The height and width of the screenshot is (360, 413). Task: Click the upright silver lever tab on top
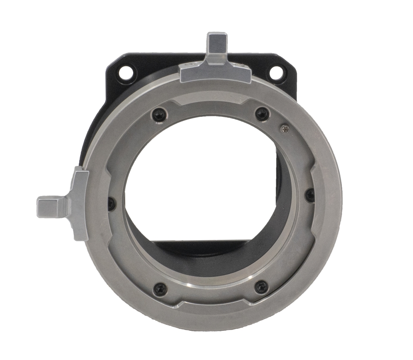(x=217, y=47)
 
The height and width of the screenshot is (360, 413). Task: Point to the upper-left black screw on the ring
(x=159, y=115)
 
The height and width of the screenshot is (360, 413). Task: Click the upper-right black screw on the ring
(x=262, y=114)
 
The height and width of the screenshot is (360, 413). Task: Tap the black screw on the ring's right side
(x=310, y=195)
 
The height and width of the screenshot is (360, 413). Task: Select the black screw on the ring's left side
(x=112, y=203)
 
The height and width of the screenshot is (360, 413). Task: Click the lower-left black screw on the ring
(x=161, y=288)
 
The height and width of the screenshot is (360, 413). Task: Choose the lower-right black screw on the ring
(x=261, y=286)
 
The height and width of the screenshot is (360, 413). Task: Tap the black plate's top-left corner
(x=114, y=60)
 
